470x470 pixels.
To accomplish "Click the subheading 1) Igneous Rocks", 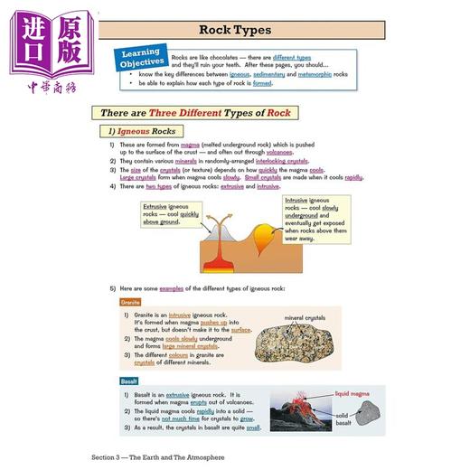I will pos(149,132).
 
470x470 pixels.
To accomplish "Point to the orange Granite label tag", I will pos(131,302).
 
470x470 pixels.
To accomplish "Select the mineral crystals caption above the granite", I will pos(306,318).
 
